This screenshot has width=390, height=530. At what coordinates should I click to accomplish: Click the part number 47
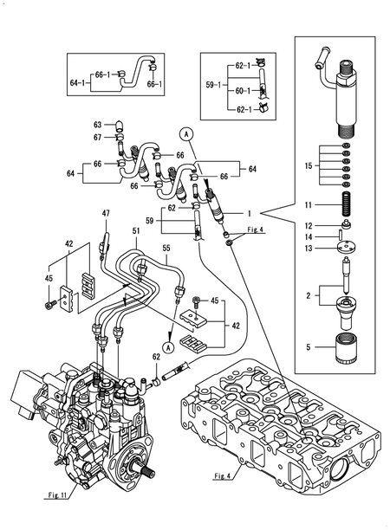(106, 212)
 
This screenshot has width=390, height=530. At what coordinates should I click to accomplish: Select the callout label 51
(135, 231)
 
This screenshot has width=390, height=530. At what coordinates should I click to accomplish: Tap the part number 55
(166, 248)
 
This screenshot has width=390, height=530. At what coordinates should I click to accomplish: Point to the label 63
(98, 125)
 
